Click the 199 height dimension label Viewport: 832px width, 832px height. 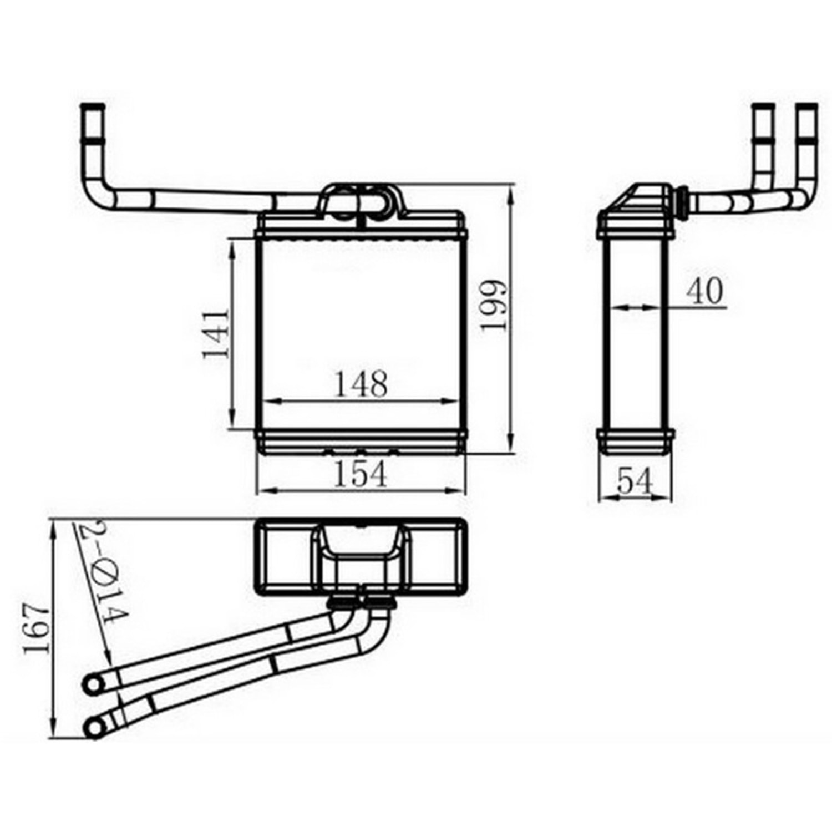click(493, 305)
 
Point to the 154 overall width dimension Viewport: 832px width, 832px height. click(361, 475)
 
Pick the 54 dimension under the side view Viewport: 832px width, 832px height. click(635, 481)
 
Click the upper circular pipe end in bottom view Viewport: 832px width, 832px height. click(93, 684)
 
